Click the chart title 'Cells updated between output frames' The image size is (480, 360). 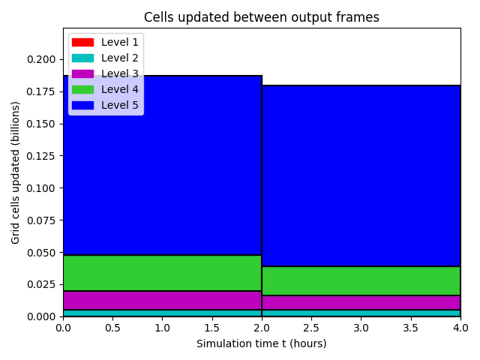click(x=262, y=17)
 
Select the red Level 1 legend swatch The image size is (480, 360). click(x=82, y=42)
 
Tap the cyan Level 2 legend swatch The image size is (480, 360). click(x=82, y=58)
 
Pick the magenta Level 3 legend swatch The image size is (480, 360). click(x=82, y=73)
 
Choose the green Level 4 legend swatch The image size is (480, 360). click(x=82, y=90)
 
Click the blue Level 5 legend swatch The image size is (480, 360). click(x=82, y=105)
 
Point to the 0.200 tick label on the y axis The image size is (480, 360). click(x=41, y=59)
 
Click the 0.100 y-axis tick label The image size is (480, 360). click(x=41, y=188)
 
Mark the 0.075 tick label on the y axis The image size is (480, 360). click(x=41, y=220)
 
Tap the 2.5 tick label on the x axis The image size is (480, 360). click(x=311, y=328)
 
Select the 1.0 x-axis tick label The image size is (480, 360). click(x=162, y=328)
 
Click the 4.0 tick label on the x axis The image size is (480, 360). click(x=460, y=328)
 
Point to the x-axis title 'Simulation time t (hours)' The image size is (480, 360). click(x=262, y=343)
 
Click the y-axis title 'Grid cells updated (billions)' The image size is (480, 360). click(x=15, y=173)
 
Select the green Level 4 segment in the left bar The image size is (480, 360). click(x=163, y=273)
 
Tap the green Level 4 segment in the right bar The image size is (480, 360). click(x=361, y=281)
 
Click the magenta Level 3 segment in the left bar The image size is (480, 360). click(x=163, y=300)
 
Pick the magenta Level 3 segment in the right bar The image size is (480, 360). click(x=361, y=303)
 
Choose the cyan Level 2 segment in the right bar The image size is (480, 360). click(x=361, y=313)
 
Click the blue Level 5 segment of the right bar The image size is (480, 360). click(x=361, y=176)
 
